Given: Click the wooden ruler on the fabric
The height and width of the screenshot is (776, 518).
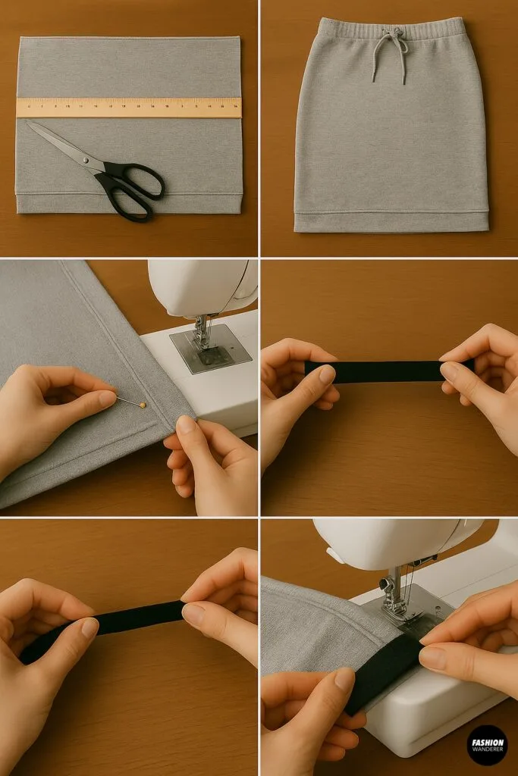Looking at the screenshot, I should point(129,107).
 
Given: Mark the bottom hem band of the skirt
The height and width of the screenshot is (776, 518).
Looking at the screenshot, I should point(391,221).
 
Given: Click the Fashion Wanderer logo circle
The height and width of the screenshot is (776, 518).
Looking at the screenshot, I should point(486,744).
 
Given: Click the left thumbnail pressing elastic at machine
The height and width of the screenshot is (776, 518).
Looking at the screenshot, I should point(345,679).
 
